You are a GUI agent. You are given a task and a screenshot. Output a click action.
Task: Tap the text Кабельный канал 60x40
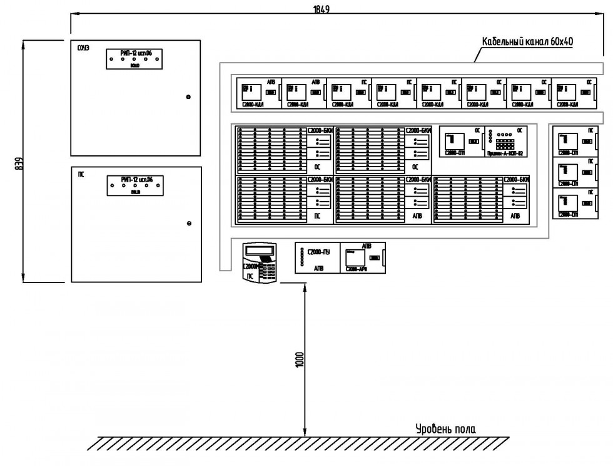527,42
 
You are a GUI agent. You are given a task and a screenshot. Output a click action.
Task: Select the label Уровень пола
445,429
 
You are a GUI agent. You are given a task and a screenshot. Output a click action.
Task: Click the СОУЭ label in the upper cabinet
83,48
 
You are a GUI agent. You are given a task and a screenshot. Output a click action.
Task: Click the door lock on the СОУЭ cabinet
188,96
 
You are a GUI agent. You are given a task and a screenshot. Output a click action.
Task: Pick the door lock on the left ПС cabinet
188,224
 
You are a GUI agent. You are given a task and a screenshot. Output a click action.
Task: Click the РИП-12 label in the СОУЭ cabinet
136,54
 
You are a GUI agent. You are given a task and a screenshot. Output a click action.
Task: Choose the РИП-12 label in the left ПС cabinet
136,179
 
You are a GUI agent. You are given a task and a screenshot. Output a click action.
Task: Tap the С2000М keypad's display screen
260,252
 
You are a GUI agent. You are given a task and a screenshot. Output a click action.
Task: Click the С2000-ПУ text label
317,252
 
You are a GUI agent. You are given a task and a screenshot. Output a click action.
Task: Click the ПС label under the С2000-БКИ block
318,215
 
